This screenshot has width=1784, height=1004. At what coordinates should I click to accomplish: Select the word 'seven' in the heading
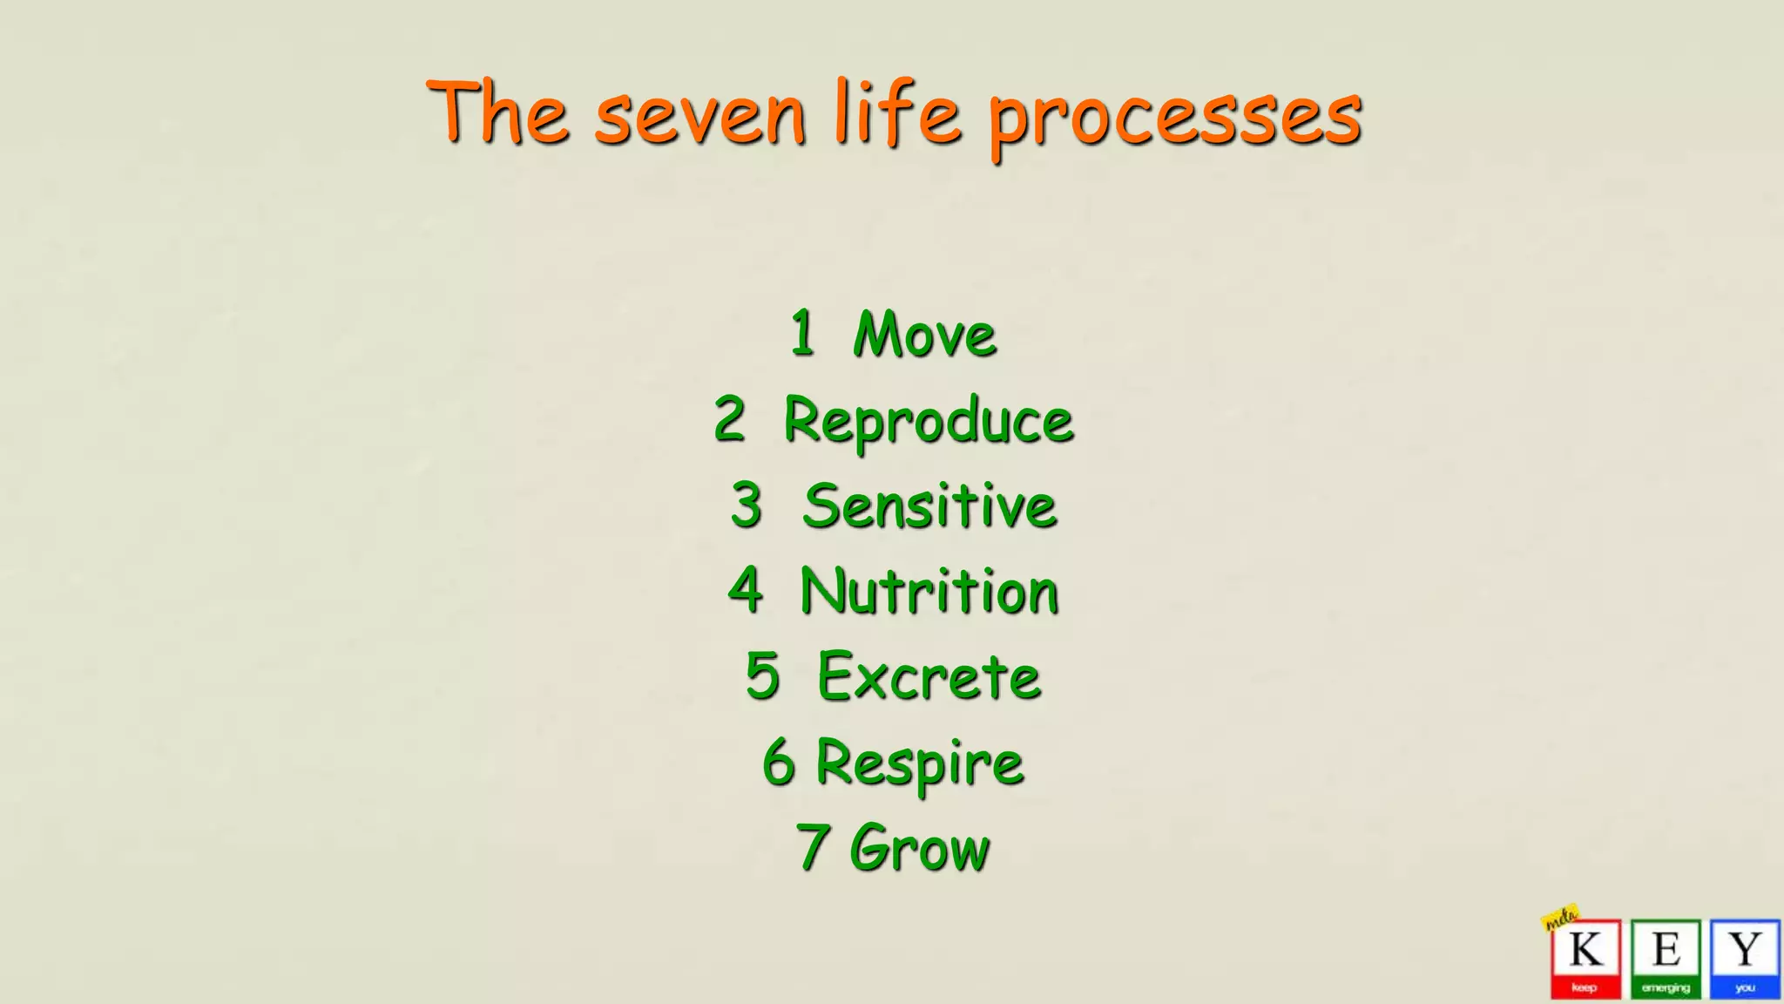[700, 117]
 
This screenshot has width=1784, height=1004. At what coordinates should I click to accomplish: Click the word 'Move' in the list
[924, 335]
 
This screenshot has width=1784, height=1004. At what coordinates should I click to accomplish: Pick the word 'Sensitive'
[929, 506]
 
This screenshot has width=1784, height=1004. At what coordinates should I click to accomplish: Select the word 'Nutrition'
[929, 592]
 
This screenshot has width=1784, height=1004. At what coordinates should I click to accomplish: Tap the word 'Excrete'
[929, 677]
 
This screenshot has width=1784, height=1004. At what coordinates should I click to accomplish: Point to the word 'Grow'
[920, 847]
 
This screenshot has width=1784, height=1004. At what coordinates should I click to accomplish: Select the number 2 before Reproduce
[730, 419]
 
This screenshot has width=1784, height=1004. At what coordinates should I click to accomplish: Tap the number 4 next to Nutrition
[746, 590]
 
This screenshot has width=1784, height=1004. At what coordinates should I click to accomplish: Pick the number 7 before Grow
[812, 846]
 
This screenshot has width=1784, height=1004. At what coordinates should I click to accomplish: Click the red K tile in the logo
[1585, 958]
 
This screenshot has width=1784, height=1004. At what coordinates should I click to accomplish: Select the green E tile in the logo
[1666, 958]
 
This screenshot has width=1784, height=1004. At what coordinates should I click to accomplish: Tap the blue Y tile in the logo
[1744, 958]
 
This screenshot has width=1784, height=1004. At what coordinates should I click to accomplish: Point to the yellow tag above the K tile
[1560, 917]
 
